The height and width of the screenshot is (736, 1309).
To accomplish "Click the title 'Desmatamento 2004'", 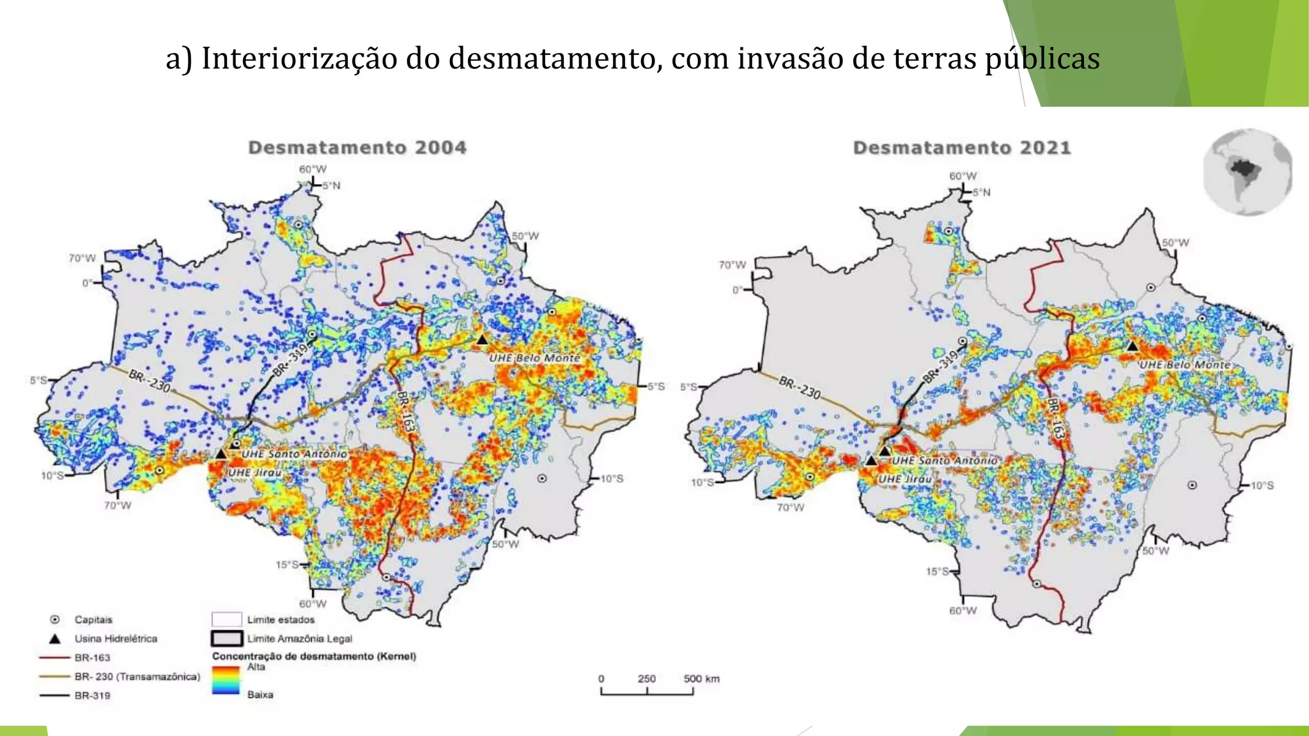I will click(x=357, y=148).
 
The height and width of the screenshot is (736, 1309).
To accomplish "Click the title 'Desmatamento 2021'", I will click(x=962, y=148).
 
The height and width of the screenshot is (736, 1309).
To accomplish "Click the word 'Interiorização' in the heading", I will click(x=300, y=59).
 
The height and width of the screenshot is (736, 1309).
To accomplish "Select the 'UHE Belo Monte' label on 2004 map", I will click(x=534, y=358).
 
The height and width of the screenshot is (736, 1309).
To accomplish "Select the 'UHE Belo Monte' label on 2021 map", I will click(x=1184, y=365).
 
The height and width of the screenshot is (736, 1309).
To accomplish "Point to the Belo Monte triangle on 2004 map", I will click(x=483, y=340).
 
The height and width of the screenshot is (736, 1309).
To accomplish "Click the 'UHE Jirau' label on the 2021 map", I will click(x=904, y=479).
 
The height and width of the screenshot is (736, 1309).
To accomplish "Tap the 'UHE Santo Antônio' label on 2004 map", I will click(x=294, y=454).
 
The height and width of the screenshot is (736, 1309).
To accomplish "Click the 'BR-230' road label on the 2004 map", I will click(x=150, y=381).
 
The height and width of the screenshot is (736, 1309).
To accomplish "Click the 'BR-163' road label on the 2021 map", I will click(x=1055, y=418).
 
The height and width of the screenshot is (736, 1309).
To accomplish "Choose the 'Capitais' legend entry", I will click(x=93, y=620).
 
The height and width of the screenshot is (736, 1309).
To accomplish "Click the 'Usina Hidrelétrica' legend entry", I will click(x=116, y=638).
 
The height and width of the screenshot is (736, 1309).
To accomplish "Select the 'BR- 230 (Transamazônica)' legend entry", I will click(x=137, y=677).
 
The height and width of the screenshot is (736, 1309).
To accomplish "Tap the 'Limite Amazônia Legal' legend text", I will click(x=299, y=638).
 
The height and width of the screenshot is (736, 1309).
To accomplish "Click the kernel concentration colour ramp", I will click(x=226, y=680).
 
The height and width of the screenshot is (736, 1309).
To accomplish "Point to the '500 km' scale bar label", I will click(x=701, y=678).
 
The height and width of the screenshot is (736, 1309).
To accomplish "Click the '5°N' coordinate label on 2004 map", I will click(x=331, y=186).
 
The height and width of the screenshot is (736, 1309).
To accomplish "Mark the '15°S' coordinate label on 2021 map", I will click(x=937, y=571).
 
